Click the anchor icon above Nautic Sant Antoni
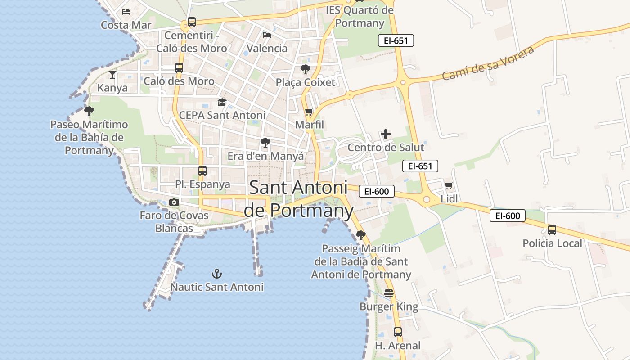[x=217, y=273]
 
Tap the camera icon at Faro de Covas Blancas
[x=174, y=202]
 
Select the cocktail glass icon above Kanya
[x=112, y=74]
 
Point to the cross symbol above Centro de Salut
[x=386, y=134]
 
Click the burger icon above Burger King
[x=389, y=294]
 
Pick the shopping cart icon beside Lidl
[x=449, y=185]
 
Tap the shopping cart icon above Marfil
[x=309, y=112]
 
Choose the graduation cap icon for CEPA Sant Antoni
[x=222, y=103]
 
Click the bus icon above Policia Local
[x=552, y=230]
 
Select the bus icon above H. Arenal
[x=398, y=332]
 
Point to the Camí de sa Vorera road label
[x=488, y=63]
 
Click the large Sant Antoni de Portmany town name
[x=299, y=199]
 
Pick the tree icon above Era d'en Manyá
[x=265, y=143]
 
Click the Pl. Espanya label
[x=202, y=184]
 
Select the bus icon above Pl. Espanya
[x=202, y=171]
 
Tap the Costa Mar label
[x=126, y=25]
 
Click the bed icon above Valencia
[x=267, y=35]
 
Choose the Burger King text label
[x=389, y=307]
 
